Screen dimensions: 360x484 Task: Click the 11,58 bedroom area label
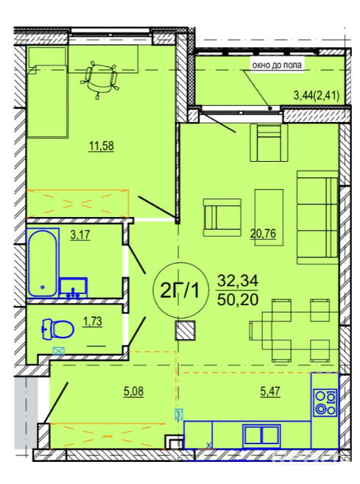[102, 146]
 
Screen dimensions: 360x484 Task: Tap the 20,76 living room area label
[263, 233]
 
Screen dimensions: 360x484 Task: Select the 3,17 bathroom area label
[80, 235]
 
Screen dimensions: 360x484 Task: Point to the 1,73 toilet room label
[93, 321]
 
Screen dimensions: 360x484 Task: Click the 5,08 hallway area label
[133, 391]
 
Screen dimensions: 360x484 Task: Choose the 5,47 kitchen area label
[270, 391]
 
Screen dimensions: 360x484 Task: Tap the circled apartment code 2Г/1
[180, 291]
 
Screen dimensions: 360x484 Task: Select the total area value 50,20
[237, 299]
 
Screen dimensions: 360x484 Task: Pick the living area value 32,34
[237, 281]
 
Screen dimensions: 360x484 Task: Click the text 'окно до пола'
[277, 65]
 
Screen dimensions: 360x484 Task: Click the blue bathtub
[43, 263]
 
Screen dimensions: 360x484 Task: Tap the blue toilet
[57, 330]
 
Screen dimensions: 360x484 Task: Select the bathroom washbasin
[73, 288]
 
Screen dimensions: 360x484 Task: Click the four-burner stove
[325, 402]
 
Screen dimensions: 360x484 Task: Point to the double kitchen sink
[262, 435]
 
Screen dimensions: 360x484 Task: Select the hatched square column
[186, 330]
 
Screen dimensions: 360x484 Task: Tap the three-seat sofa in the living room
[317, 217]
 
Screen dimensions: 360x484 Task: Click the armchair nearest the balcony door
[269, 142]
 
